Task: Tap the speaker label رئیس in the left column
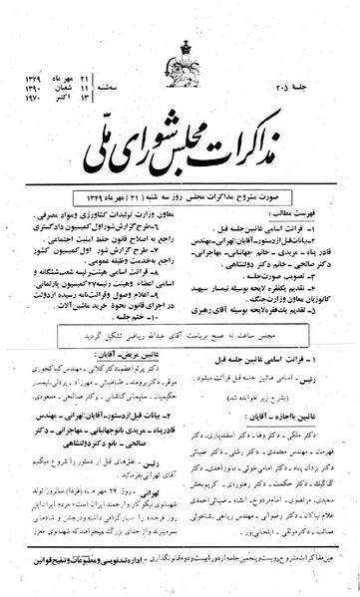tap(160, 457)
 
